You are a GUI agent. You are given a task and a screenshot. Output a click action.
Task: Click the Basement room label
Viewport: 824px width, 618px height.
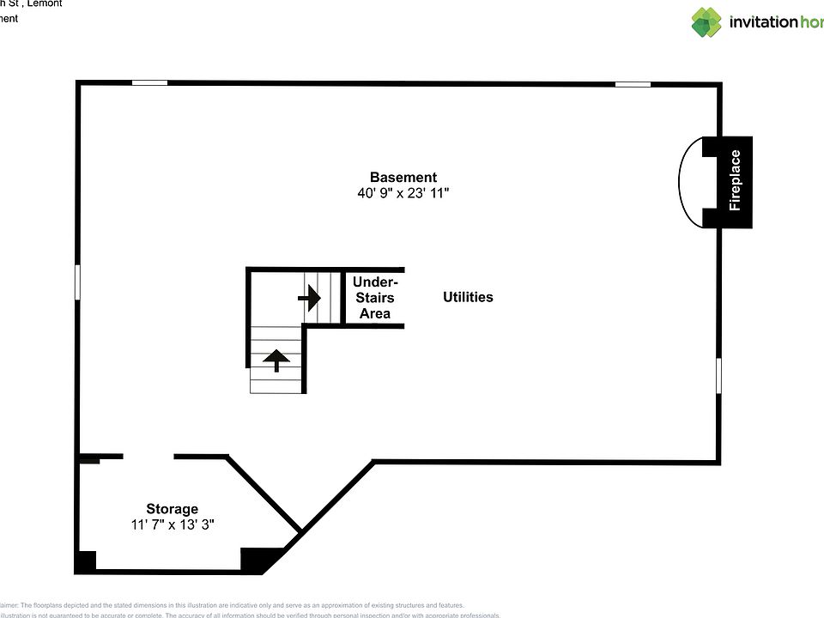point(403,178)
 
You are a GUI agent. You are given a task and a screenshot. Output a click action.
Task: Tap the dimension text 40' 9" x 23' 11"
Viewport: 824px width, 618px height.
point(403,194)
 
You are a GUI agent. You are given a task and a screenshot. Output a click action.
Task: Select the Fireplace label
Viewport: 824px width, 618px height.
point(735,181)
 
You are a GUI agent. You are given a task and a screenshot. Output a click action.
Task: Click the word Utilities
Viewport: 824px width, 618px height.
point(468,297)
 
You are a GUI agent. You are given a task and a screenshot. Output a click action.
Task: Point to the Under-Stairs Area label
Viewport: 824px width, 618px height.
point(375,297)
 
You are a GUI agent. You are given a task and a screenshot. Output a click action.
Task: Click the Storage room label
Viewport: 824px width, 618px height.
point(172,509)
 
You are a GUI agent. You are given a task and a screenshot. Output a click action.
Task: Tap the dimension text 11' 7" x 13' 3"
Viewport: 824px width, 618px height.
point(172,524)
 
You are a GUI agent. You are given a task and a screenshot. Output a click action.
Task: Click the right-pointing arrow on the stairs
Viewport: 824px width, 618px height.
point(309,298)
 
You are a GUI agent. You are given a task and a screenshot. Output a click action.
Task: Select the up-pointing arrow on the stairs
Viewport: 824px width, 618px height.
point(276,360)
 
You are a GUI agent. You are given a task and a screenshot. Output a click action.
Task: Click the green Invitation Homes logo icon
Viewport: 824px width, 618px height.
point(706,22)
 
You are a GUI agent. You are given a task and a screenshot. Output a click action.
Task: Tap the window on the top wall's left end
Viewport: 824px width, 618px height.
point(149,82)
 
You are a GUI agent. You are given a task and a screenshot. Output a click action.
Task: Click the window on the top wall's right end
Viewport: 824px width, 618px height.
point(633,83)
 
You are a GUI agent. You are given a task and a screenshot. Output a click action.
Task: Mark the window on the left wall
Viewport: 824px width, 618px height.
point(78,282)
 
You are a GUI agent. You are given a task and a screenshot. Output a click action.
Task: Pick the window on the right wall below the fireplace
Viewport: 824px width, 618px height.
point(718,376)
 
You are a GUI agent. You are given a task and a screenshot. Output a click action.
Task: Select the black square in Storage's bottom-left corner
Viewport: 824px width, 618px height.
point(86,562)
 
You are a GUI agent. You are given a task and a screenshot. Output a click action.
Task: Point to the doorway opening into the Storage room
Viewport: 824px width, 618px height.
point(148,457)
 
